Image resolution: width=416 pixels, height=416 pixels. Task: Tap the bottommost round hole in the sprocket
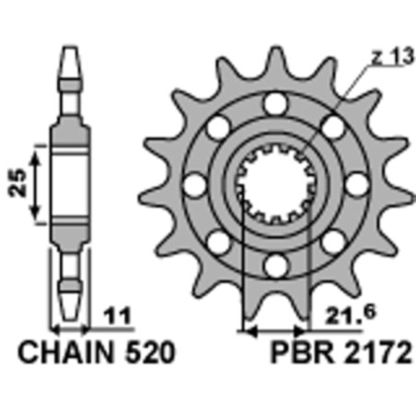point(273,268)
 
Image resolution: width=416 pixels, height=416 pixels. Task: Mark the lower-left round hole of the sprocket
point(215,244)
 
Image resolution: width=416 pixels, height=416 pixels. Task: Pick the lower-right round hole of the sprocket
point(331,244)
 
